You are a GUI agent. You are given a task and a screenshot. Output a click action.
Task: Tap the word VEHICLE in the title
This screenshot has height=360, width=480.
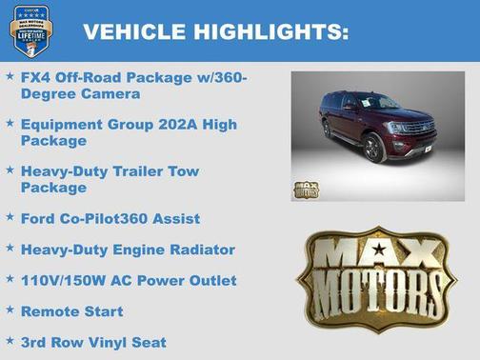pos(134,31)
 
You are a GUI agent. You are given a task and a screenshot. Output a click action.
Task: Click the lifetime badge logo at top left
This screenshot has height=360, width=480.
pos(31,30)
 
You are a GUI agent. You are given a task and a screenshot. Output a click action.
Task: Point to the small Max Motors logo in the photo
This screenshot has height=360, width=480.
pos(307,189)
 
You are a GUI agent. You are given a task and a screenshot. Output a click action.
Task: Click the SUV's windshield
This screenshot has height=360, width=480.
pos(380,101)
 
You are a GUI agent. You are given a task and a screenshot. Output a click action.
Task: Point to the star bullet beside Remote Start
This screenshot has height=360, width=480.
pos(10,310)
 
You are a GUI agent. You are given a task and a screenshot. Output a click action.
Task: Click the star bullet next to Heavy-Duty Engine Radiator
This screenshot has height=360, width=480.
pos(10,249)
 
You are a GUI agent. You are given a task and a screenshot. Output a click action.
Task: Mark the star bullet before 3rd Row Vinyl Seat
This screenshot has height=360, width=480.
pos(10,341)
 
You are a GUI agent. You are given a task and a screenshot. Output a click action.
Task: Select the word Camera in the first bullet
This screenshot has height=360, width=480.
pos(112,94)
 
